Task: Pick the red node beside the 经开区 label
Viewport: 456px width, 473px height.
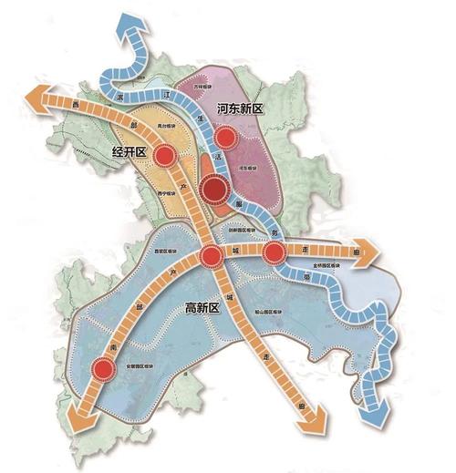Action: point(164,157)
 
